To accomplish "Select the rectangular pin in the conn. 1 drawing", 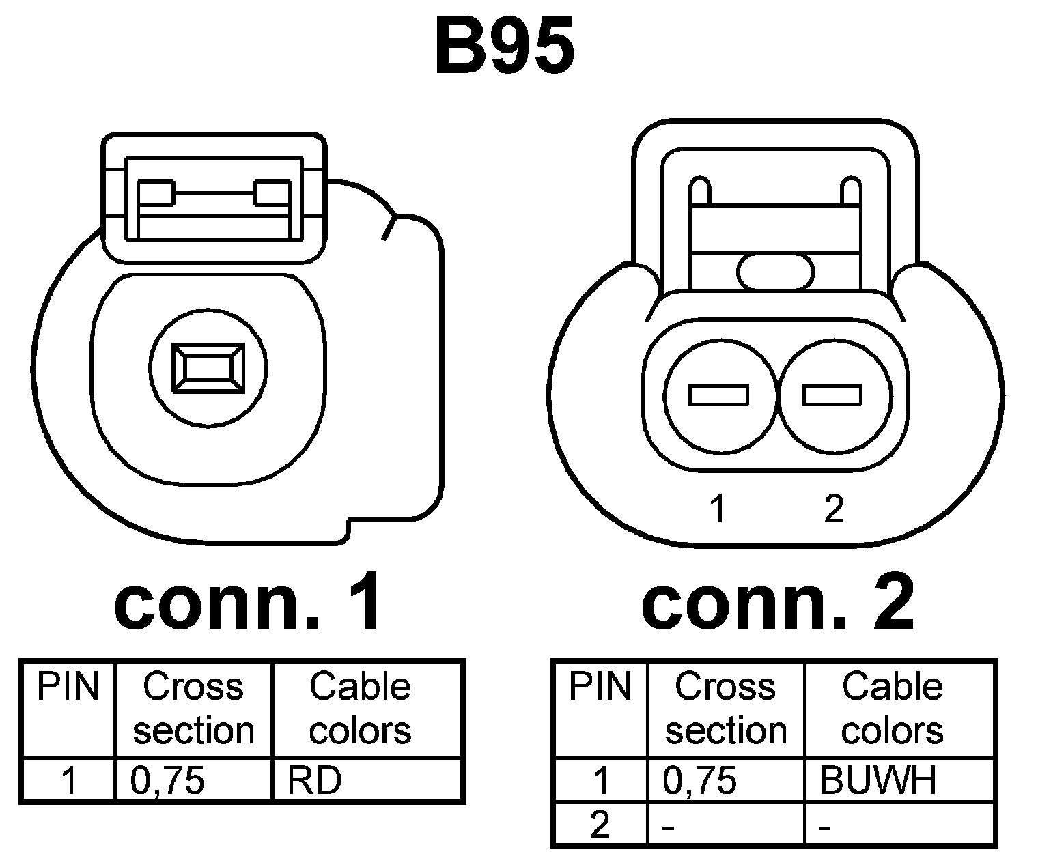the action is click(x=208, y=368).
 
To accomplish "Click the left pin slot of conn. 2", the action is click(x=718, y=395).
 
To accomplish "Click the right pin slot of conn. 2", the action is click(x=831, y=395).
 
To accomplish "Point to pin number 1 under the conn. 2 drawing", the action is click(x=717, y=509).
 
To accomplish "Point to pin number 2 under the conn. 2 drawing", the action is click(x=833, y=509).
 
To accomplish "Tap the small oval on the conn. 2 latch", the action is click(x=775, y=272).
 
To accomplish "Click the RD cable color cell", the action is click(x=314, y=780).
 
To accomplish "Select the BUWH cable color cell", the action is click(x=878, y=780).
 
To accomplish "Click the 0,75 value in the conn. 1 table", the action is click(x=168, y=780).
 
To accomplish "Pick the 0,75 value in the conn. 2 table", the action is click(x=700, y=780).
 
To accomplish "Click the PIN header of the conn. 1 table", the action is click(x=68, y=687).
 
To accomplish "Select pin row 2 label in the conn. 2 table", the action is click(x=600, y=826).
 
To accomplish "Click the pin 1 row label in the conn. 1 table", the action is click(x=69, y=780).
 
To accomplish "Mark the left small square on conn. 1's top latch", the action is click(x=156, y=193).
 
